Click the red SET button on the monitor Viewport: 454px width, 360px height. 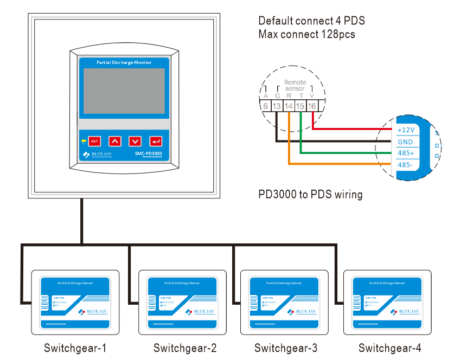click(94, 142)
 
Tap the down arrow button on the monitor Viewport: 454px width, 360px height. click(135, 142)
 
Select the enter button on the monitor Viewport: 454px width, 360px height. click(156, 142)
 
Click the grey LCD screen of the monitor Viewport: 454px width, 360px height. click(123, 91)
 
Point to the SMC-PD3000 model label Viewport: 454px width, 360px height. click(148, 155)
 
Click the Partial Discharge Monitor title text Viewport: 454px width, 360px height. click(124, 63)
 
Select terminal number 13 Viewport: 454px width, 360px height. click(277, 106)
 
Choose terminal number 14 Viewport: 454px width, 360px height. click(289, 106)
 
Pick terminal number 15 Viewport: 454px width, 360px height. click(300, 106)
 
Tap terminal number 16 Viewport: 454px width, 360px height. click(312, 106)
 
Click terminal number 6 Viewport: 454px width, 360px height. click(265, 106)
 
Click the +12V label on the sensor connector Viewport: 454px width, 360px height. click(406, 130)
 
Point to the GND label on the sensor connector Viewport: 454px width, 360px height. click(405, 142)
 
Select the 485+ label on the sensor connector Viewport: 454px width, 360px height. click(406, 153)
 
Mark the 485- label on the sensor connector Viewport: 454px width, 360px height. click(405, 165)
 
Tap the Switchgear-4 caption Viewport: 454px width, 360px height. click(389, 348)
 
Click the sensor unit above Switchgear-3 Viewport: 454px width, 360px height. click(285, 303)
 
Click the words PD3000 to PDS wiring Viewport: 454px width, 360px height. click(310, 194)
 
